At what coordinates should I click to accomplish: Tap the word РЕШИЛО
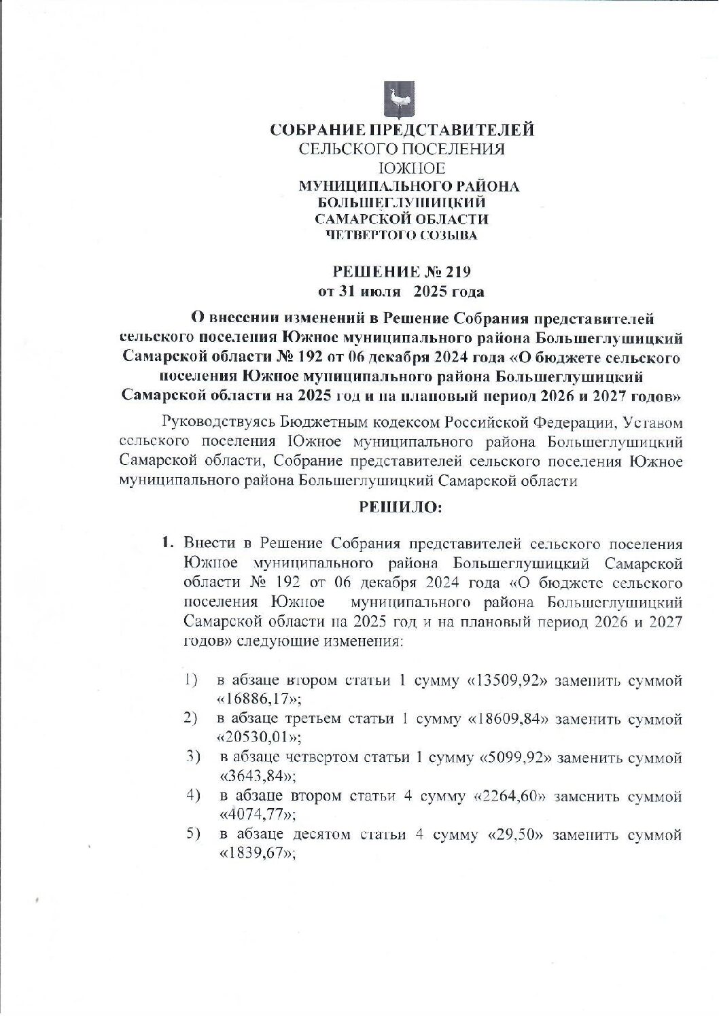point(400,507)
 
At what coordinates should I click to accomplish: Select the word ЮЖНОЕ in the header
point(402,168)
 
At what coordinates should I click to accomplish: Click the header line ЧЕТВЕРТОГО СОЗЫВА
point(401,236)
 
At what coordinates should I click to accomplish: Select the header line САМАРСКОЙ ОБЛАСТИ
point(402,219)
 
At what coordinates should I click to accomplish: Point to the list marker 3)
point(194,756)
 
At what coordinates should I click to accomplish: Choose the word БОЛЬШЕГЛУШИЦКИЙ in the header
point(402,202)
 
